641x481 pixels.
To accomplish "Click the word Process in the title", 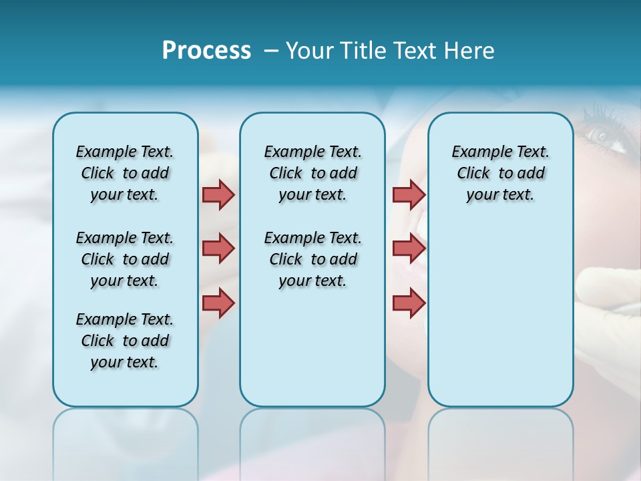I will [206, 51].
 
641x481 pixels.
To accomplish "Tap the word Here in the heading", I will [470, 51].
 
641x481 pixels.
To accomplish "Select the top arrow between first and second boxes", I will [218, 194].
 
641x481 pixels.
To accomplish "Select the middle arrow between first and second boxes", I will [218, 249].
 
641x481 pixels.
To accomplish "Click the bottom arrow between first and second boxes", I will [218, 303].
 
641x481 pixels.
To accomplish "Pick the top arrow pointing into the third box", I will [409, 194].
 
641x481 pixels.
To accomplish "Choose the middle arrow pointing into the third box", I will [409, 249].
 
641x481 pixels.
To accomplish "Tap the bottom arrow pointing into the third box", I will [409, 303].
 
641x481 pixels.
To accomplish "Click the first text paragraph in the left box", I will [125, 173].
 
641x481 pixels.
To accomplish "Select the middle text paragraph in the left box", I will [125, 259].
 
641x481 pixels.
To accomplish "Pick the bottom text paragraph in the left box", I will [125, 341].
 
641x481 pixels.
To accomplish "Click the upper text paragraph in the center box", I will [312, 173].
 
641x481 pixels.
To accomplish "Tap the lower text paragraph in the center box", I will [312, 259].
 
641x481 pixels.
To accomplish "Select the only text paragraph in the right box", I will [500, 173].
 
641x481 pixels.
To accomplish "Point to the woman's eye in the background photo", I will [600, 136].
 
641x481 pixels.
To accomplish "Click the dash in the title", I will [271, 51].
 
